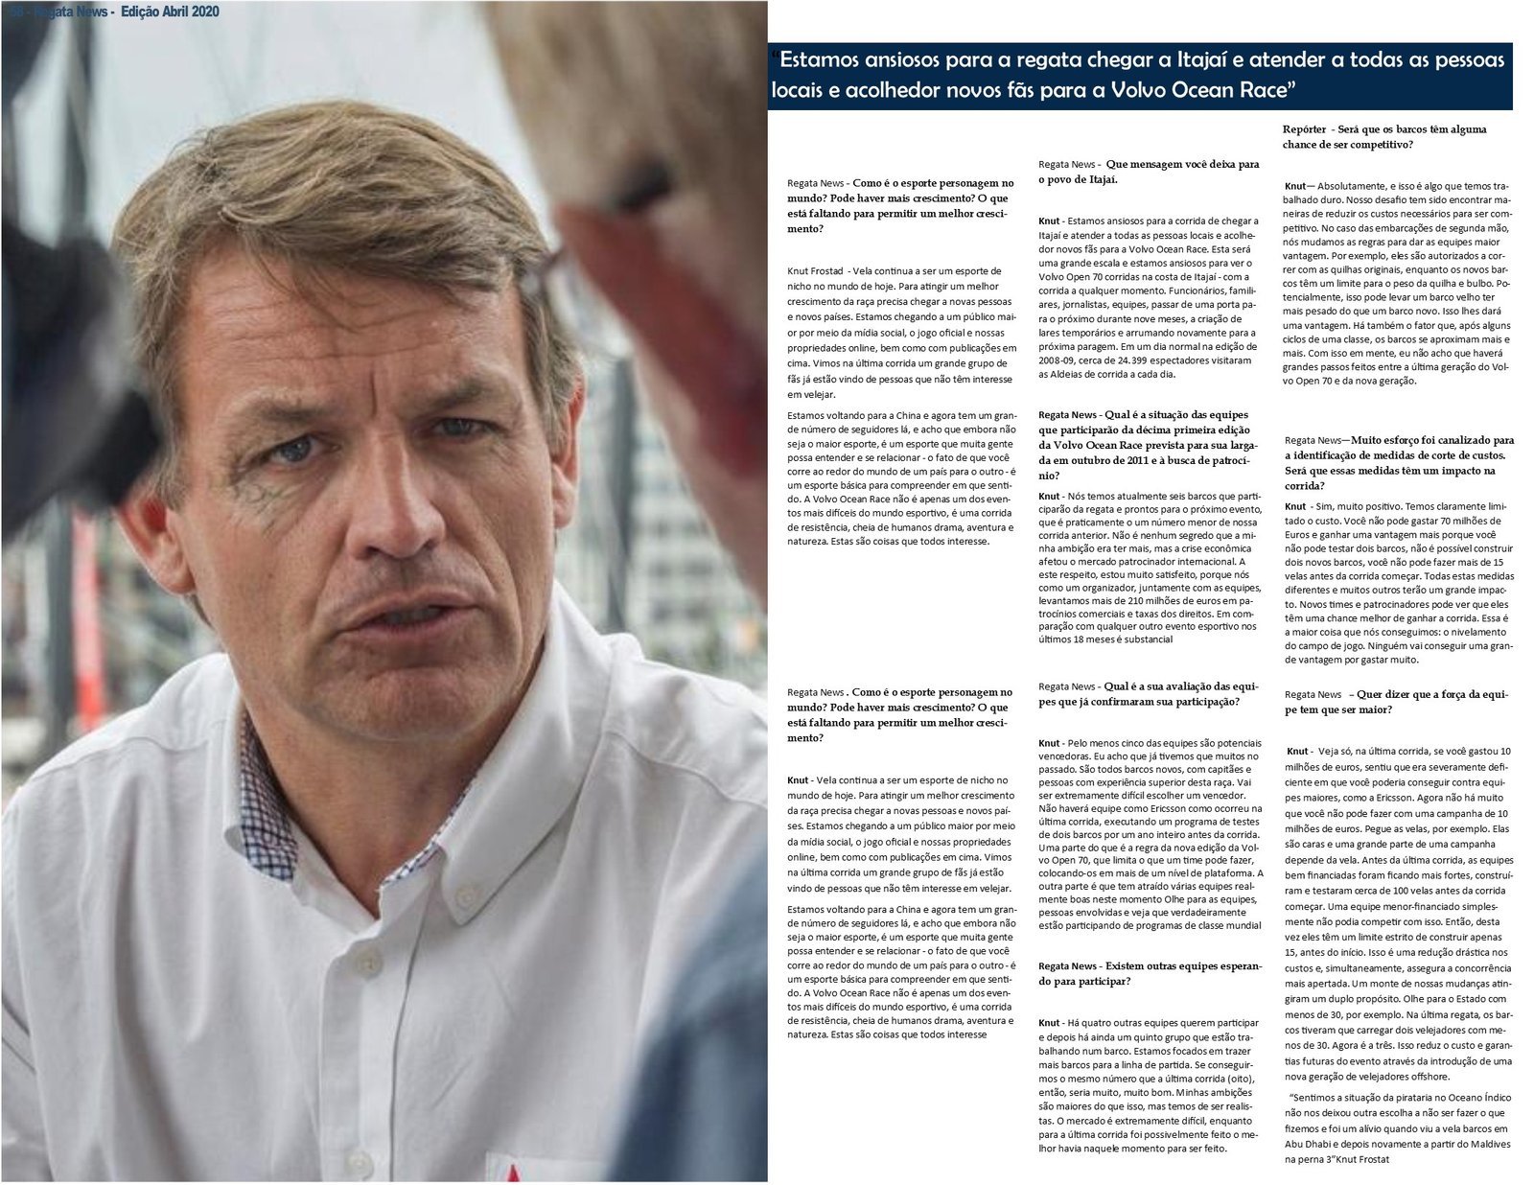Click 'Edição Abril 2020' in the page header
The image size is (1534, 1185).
pos(170,12)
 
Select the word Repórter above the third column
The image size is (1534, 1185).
pos(1304,129)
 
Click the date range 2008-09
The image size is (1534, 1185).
pos(1058,360)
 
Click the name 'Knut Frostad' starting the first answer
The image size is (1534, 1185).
pos(816,271)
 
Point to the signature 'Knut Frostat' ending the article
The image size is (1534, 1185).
pos(1359,1159)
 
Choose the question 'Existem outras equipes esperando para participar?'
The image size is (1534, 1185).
pos(1150,973)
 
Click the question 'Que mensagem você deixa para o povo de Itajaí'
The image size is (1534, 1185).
pos(1149,172)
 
